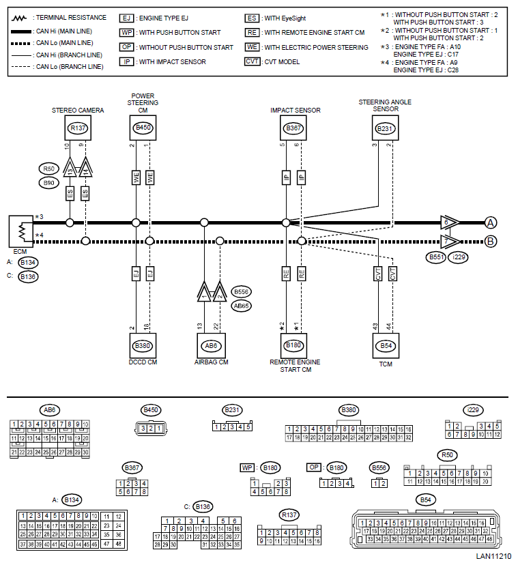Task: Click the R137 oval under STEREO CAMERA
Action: (x=78, y=128)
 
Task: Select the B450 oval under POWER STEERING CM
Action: (x=143, y=128)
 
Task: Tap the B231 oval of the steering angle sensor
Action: (x=385, y=128)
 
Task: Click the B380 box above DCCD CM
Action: (x=143, y=345)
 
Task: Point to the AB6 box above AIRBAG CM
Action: (x=211, y=345)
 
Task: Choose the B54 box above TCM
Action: (x=385, y=345)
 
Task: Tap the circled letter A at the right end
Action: (x=490, y=222)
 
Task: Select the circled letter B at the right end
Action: (x=490, y=240)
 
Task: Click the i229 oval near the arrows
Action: (x=459, y=257)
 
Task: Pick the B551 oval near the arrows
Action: (x=435, y=257)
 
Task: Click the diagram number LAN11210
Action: (x=493, y=556)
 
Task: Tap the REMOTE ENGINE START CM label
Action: (x=293, y=366)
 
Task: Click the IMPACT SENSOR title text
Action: (x=295, y=111)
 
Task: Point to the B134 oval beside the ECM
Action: (x=28, y=262)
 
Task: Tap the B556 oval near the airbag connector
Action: (x=241, y=291)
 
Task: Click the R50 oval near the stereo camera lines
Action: (x=48, y=169)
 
